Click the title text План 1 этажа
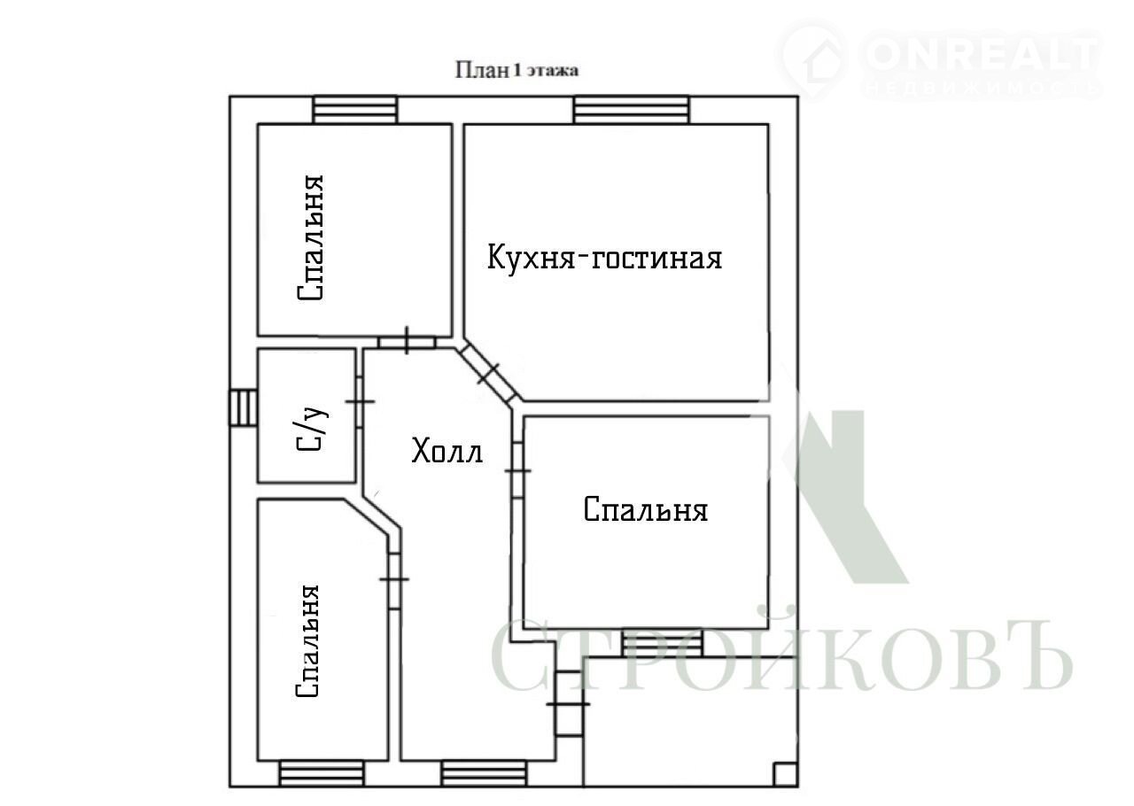(517, 70)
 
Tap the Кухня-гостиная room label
(604, 257)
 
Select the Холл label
(447, 451)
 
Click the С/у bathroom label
(312, 429)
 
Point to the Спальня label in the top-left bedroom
(310, 238)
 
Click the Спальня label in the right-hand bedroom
(646, 509)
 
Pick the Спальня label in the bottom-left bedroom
(307, 641)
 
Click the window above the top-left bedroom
(355, 110)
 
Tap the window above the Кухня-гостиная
(632, 110)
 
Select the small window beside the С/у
(243, 407)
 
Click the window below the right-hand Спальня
(663, 644)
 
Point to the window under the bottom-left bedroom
(322, 774)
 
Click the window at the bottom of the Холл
(484, 774)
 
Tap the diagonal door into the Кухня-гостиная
(488, 375)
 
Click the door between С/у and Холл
(359, 402)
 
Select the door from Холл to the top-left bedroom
(407, 341)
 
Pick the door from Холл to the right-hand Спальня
(517, 470)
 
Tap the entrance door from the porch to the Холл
(569, 704)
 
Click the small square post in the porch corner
(786, 774)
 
